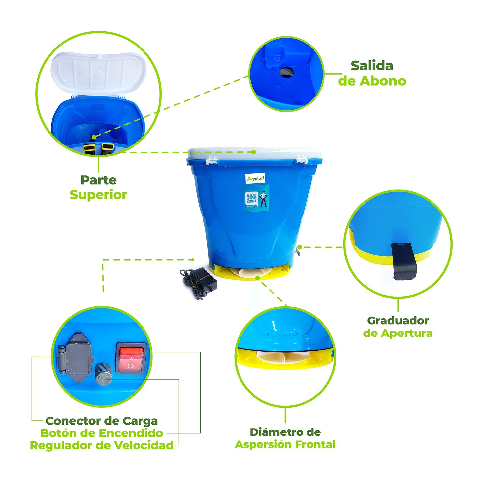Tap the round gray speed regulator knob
click(103, 374)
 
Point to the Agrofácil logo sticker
click(255, 179)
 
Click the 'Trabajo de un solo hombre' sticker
click(255, 198)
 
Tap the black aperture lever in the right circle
click(404, 261)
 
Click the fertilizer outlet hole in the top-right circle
click(286, 72)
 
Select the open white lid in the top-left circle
click(99, 73)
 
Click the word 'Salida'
click(372, 66)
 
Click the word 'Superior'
click(98, 195)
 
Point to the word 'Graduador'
click(398, 320)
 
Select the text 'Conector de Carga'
click(102, 421)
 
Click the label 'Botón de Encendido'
click(102, 433)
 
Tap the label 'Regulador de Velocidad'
click(102, 445)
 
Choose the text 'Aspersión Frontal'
click(285, 444)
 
